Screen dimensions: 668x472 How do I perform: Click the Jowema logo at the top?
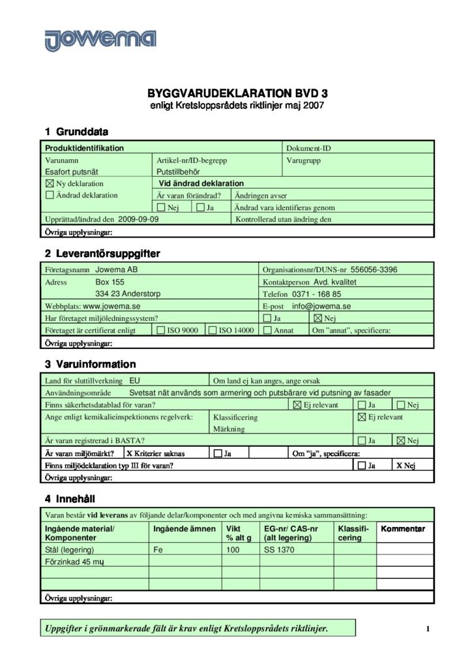(100, 38)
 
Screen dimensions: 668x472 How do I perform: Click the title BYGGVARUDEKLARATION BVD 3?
(236, 93)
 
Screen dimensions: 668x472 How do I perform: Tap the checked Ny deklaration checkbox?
(50, 184)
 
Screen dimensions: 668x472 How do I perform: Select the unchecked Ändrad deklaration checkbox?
(50, 195)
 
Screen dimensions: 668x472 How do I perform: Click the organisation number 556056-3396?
(374, 269)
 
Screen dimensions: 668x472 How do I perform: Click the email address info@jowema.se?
(321, 306)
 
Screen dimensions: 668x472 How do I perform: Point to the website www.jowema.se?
(112, 306)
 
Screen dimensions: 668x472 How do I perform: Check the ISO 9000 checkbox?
(161, 331)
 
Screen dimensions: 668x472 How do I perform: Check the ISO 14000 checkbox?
(212, 331)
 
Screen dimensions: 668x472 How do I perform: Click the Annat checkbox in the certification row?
(267, 331)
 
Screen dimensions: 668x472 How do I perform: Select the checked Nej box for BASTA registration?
(400, 441)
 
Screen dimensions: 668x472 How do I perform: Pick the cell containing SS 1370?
(279, 550)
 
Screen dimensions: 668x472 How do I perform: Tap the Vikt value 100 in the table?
(233, 550)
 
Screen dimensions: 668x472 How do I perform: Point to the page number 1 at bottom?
(428, 629)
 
